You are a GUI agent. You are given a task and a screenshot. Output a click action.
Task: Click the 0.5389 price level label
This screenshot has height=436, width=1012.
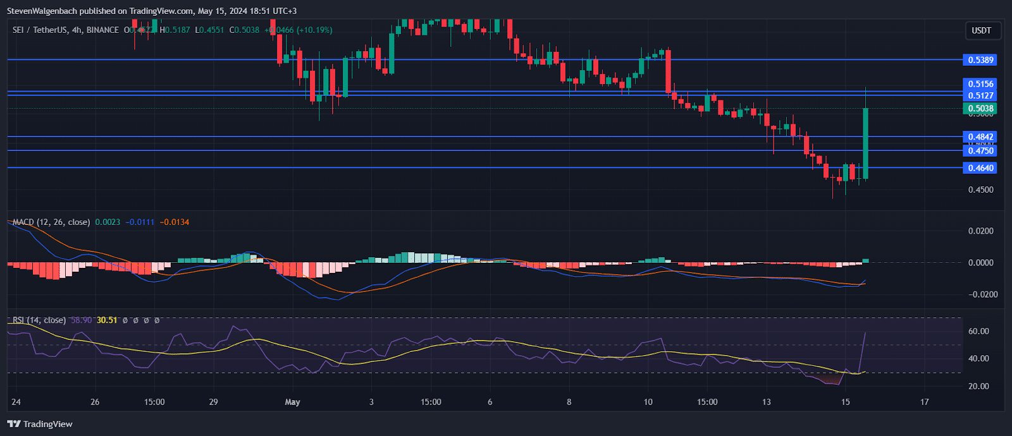[980, 60]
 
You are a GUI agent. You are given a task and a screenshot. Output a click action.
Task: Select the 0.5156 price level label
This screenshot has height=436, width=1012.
[980, 83]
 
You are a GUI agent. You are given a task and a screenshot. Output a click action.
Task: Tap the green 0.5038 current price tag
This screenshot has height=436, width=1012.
[980, 108]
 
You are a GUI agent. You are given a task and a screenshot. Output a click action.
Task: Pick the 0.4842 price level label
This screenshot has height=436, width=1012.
[980, 136]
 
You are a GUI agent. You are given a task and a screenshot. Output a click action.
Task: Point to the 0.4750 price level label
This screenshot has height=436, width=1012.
[980, 150]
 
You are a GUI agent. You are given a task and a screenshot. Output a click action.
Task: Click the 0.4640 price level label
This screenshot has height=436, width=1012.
[980, 167]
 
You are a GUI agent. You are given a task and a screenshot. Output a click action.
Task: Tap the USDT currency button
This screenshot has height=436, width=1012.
[981, 30]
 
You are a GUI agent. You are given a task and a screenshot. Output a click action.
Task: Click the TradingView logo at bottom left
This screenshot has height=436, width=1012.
[40, 424]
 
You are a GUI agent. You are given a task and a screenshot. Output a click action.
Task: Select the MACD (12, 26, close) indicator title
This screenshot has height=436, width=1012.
[51, 222]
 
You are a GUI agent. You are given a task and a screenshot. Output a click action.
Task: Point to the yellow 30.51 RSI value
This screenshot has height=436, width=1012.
[107, 320]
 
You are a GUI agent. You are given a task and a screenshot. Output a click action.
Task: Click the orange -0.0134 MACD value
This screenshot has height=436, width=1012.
[174, 222]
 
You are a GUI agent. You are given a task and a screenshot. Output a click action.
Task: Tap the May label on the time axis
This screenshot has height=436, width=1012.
[292, 402]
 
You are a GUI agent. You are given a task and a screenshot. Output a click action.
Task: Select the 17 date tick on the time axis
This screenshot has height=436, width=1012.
[924, 402]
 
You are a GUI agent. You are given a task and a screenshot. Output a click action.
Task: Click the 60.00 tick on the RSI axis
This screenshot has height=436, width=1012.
[978, 331]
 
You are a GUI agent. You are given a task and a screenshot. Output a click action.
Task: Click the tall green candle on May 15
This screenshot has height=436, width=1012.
[865, 143]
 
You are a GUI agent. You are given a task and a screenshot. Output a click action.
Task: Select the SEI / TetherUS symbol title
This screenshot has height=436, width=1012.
[40, 30]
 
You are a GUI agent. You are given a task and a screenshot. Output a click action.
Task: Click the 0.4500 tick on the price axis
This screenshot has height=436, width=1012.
[980, 190]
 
